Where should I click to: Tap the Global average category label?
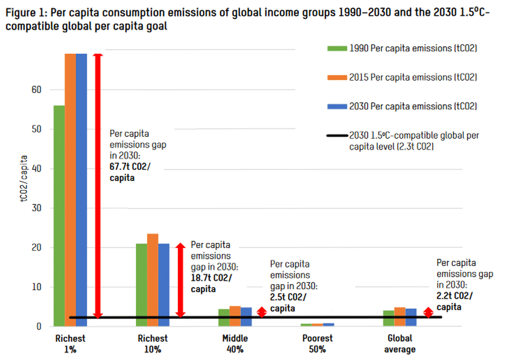(x=399, y=344)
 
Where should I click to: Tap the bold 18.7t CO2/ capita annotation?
(x=212, y=282)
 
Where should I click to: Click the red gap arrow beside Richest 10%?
(x=181, y=280)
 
